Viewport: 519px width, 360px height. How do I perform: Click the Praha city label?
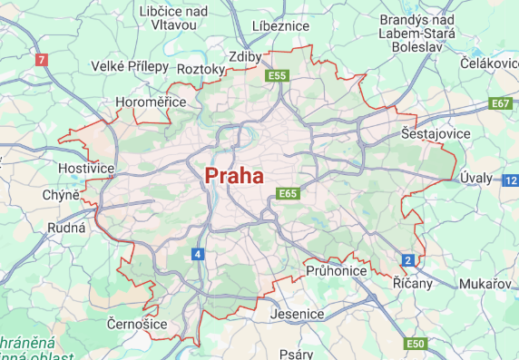point(234,175)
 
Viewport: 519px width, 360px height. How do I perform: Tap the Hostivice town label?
point(86,169)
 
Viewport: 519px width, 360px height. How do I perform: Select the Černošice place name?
point(136,324)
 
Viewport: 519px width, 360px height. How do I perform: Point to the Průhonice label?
point(336,270)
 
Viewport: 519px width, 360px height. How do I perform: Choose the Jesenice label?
point(297,314)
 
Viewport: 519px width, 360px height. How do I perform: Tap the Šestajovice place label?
point(436,133)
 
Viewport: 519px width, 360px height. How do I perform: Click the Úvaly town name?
point(475,177)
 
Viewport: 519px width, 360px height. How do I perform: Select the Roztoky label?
point(201,69)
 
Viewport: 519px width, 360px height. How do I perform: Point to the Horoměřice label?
point(148,102)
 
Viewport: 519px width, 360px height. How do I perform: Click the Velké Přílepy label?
point(130,66)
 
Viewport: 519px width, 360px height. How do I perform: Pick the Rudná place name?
point(65,227)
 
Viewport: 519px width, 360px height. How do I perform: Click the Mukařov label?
point(485,283)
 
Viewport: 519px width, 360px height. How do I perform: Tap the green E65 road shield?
point(289,193)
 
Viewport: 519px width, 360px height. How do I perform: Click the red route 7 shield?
point(40,61)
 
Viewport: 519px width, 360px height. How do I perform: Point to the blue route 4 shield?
point(198,254)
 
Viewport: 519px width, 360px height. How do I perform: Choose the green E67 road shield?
point(501,103)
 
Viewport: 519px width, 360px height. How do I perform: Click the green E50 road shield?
point(416,344)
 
